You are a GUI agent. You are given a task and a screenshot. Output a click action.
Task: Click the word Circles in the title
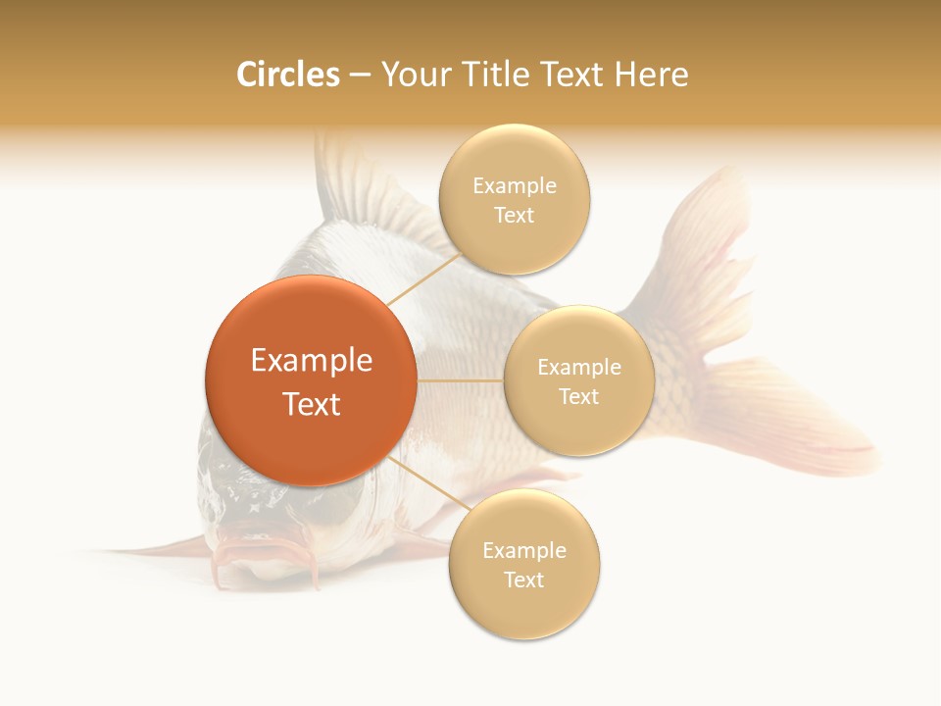click(287, 75)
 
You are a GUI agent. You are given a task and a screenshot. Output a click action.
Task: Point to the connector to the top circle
click(423, 278)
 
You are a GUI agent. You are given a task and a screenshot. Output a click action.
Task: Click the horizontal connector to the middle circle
click(460, 380)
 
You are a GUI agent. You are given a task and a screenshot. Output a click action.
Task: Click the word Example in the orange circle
click(312, 361)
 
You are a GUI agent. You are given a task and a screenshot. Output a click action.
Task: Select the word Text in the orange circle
click(312, 404)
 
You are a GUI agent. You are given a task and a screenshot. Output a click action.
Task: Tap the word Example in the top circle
click(514, 186)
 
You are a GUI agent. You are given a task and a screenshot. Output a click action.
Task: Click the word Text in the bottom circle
click(523, 580)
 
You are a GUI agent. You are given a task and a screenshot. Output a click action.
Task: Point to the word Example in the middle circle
click(578, 368)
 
